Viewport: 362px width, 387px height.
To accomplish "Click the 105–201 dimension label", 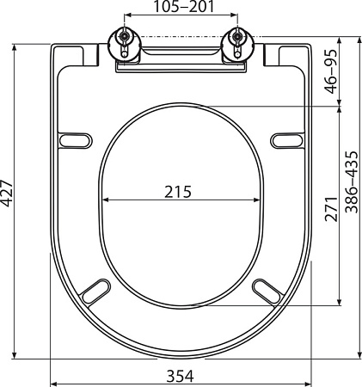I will [x=180, y=8].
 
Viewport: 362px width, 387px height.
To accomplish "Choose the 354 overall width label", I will [x=180, y=376].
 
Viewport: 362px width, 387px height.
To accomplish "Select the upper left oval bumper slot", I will [x=76, y=139].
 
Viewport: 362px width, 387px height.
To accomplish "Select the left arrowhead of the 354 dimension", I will [x=53, y=361].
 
